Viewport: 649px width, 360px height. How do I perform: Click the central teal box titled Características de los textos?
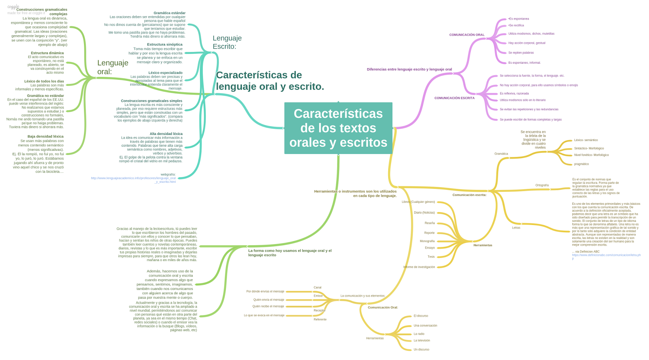tap(338, 128)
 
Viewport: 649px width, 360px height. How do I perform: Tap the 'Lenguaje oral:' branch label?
tap(112, 67)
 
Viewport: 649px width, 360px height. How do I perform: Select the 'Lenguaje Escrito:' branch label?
tap(227, 42)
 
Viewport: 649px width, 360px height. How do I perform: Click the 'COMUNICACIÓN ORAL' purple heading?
tap(466, 35)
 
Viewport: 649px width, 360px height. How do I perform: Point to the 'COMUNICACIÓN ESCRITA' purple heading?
tap(454, 98)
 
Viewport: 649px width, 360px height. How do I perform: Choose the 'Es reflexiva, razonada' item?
tap(514, 94)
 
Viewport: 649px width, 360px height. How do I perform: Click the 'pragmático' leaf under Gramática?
tap(581, 164)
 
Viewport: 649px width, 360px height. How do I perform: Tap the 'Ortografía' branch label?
tap(542, 185)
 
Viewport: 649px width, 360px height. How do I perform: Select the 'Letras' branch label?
tap(516, 228)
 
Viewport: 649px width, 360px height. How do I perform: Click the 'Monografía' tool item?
tap(427, 241)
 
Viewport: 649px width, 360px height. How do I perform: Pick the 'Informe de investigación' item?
tap(419, 267)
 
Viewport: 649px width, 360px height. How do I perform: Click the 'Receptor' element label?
tap(319, 311)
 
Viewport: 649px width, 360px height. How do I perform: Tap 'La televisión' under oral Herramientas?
tap(421, 341)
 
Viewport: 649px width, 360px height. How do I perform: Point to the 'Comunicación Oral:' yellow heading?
tap(383, 308)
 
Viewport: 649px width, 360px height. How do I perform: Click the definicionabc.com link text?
tap(606, 255)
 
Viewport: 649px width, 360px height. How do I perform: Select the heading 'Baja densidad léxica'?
tap(45, 137)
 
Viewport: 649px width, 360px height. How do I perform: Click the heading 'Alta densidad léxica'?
tap(166, 134)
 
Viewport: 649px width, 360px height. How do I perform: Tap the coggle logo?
tap(13, 7)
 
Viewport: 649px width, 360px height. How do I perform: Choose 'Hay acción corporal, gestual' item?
tap(527, 43)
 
